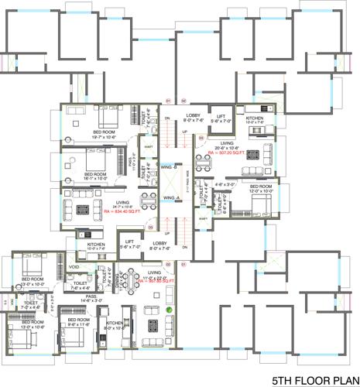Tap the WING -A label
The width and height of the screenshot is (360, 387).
click(170, 197)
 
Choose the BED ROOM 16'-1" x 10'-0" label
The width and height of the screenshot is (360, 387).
click(95, 176)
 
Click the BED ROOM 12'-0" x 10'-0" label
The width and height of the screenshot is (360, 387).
click(259, 188)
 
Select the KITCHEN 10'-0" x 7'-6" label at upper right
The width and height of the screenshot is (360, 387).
click(255, 120)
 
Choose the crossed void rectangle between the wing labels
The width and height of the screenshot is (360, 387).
click(170, 182)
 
